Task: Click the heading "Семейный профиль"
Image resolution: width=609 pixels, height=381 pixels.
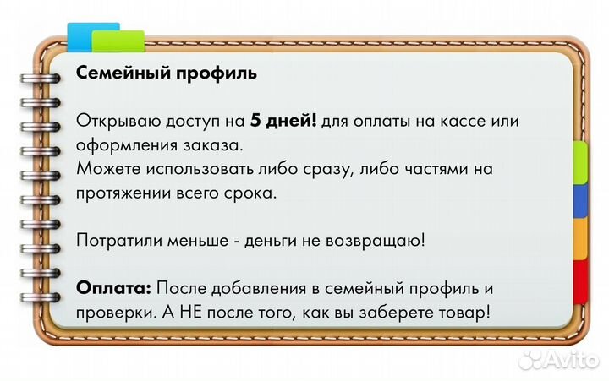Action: point(167,73)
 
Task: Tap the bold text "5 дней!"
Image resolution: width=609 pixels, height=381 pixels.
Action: point(284,121)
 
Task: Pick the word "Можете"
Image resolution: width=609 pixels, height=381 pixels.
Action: point(107,169)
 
